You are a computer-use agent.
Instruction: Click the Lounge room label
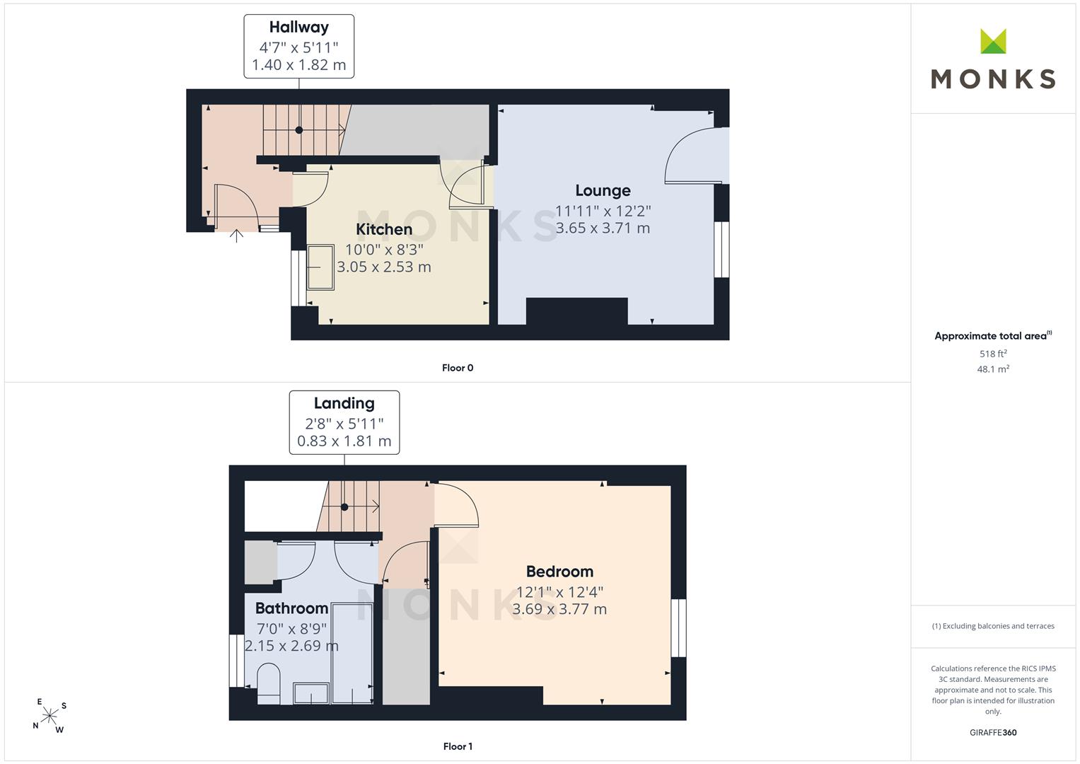click(x=603, y=190)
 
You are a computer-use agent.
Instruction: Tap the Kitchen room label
click(x=384, y=229)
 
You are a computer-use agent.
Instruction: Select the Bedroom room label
click(x=559, y=572)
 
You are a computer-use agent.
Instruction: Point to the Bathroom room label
click(x=291, y=608)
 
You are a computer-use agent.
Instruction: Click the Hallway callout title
click(x=299, y=28)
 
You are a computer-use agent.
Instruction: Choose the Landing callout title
click(x=344, y=403)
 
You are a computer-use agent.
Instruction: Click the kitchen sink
click(x=320, y=267)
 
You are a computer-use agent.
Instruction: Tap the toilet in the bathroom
click(x=269, y=683)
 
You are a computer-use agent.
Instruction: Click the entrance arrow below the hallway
click(x=236, y=236)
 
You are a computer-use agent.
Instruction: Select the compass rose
click(x=50, y=716)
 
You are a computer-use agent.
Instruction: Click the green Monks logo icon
click(x=993, y=41)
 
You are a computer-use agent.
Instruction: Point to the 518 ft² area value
click(x=993, y=354)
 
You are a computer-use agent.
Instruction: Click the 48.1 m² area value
click(x=993, y=369)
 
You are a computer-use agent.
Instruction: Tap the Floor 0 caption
click(x=458, y=368)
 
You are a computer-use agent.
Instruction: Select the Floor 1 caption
click(x=458, y=746)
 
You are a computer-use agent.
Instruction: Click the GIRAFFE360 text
click(x=993, y=733)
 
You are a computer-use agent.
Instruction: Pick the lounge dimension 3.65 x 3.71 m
click(x=603, y=228)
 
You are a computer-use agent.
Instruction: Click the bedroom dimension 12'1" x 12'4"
click(x=559, y=592)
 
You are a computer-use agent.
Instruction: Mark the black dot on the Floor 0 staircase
click(x=299, y=129)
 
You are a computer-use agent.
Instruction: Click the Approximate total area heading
click(x=993, y=336)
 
